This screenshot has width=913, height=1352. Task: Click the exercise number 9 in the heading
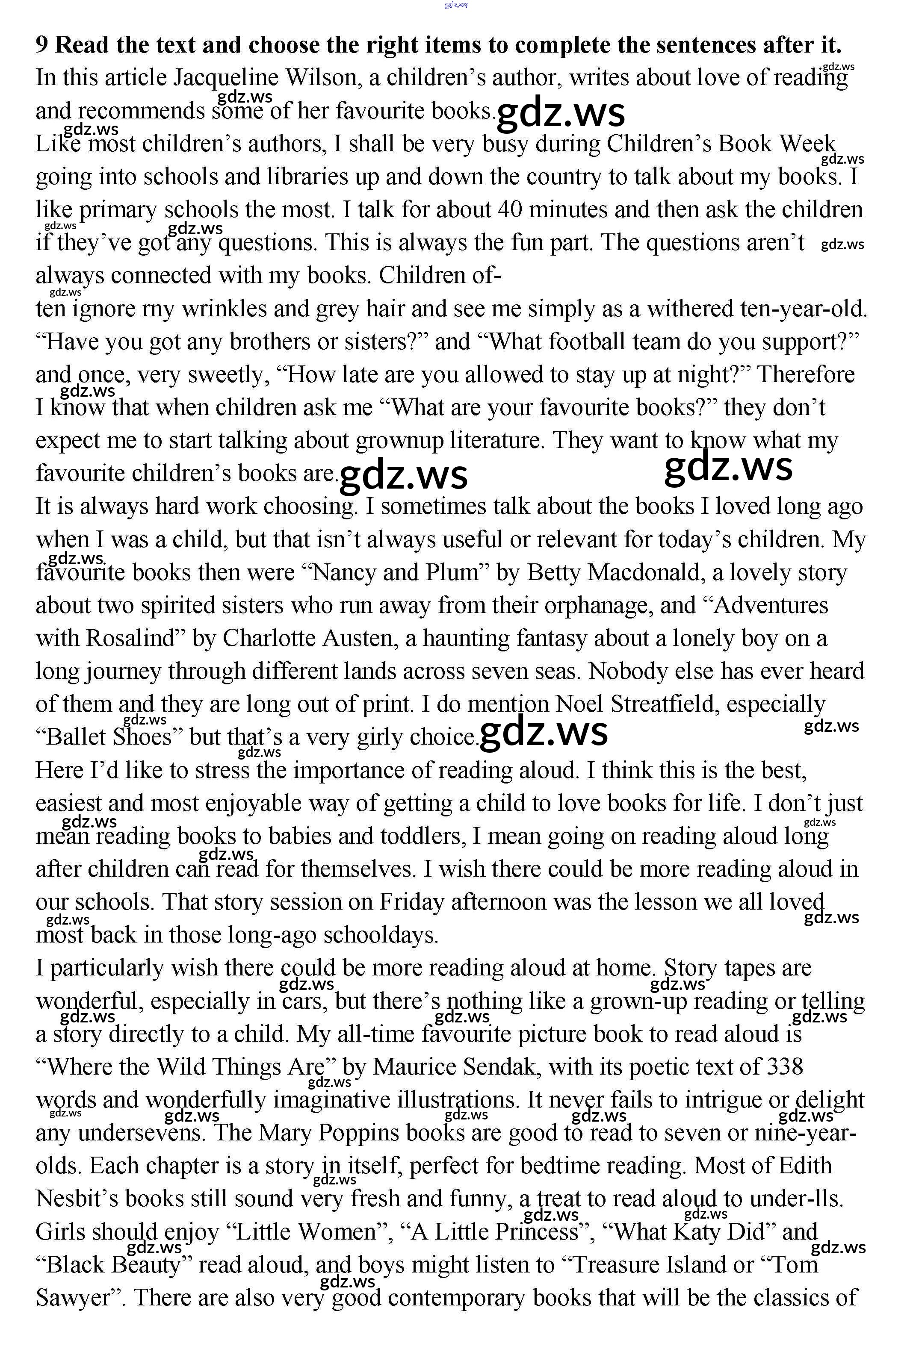[x=42, y=45]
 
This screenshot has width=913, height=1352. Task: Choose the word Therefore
[x=805, y=374]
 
